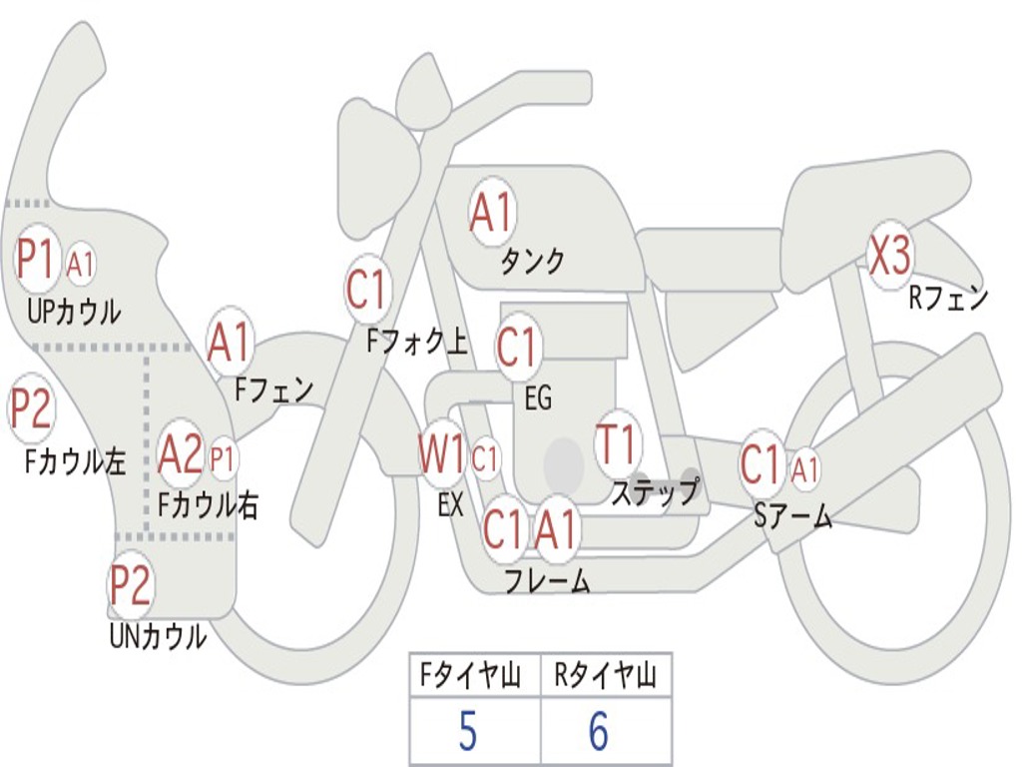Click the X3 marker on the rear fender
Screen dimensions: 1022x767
pos(889,257)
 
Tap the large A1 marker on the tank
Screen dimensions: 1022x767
pos(491,213)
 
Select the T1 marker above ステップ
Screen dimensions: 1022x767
pos(616,445)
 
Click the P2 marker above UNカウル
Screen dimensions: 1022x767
pos(131,586)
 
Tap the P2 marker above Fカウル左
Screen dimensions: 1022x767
pos(31,408)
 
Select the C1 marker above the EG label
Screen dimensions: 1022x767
pos(517,348)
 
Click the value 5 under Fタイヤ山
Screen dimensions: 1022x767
pos(467,732)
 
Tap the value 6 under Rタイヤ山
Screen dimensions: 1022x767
pos(598,732)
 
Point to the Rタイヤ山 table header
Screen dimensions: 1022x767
pos(605,677)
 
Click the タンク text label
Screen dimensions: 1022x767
pos(532,262)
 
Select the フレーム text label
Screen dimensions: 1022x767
pos(547,581)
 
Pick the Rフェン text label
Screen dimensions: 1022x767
pos(947,298)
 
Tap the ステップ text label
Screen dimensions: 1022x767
pos(655,493)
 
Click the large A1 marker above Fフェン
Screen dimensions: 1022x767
pos(230,343)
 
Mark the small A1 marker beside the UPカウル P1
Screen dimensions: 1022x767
pos(81,265)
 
